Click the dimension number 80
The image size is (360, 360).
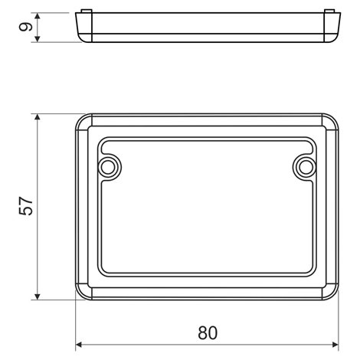point(208,332)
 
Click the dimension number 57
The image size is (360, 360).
point(26,206)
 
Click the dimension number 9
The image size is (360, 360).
point(26,27)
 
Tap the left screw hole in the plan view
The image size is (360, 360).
point(108,168)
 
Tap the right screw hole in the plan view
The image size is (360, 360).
point(306,168)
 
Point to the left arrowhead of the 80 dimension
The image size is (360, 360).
point(79,345)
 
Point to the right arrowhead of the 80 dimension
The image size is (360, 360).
point(335,345)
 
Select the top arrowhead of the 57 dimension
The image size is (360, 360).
point(38,117)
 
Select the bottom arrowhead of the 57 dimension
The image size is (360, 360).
point(38,296)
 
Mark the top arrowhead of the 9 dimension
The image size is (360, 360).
point(38,16)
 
